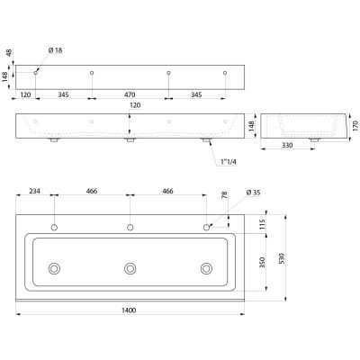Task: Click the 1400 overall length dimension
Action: [129, 310]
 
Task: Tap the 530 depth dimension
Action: [282, 258]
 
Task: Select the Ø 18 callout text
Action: [55, 50]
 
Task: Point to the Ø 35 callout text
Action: [253, 193]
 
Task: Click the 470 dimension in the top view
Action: [130, 94]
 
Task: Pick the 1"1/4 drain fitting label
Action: [229, 162]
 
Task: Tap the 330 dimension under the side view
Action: [287, 146]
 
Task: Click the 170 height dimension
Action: [355, 126]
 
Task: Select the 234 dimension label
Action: [34, 191]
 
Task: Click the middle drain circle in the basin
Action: [130, 268]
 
